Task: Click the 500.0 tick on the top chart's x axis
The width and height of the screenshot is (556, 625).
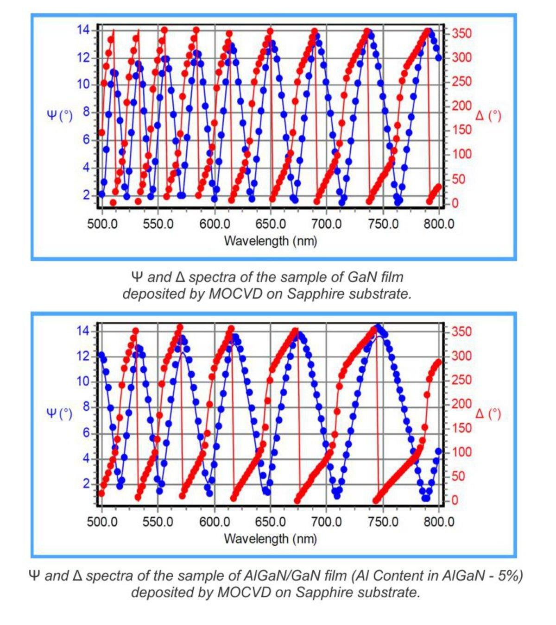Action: pyautogui.click(x=102, y=225)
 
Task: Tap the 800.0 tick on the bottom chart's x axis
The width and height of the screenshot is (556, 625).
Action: pyautogui.click(x=438, y=522)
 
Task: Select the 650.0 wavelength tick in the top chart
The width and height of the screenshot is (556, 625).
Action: pyautogui.click(x=270, y=225)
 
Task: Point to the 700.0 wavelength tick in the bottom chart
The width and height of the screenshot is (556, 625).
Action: pyautogui.click(x=327, y=522)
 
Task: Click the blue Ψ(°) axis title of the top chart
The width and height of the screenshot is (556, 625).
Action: pyautogui.click(x=60, y=115)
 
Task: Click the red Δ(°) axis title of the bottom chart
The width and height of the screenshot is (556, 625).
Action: pyautogui.click(x=488, y=413)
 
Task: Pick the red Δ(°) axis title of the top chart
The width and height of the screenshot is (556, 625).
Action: pyautogui.click(x=488, y=115)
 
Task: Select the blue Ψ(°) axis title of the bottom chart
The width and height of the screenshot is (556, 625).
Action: pyautogui.click(x=60, y=413)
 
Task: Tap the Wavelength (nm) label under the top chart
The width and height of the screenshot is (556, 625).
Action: pyautogui.click(x=270, y=241)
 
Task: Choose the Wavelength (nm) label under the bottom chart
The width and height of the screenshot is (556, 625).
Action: pyautogui.click(x=270, y=539)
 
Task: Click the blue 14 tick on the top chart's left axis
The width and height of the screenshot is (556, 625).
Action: pyautogui.click(x=83, y=30)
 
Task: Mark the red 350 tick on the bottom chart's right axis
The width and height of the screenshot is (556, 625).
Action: pyautogui.click(x=461, y=331)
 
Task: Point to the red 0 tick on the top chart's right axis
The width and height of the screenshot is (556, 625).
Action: pyautogui.click(x=455, y=203)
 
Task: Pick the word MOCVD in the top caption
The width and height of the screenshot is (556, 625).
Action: pyautogui.click(x=235, y=294)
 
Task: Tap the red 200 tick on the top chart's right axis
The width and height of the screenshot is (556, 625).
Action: pyautogui.click(x=461, y=106)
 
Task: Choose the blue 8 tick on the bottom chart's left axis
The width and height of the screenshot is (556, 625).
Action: pyautogui.click(x=86, y=407)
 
